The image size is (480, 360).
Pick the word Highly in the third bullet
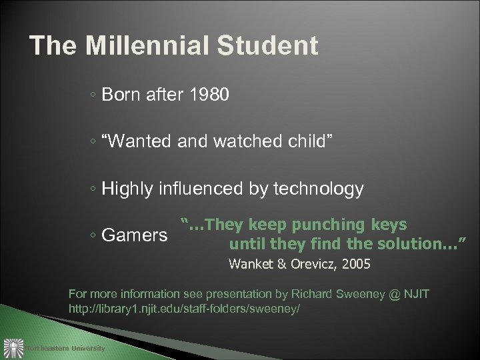click(127, 190)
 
